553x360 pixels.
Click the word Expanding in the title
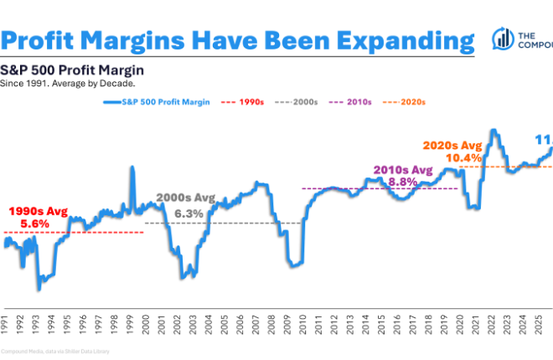[x=386, y=39]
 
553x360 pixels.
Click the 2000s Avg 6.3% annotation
[x=185, y=206]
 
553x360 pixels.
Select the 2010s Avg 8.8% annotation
[x=401, y=175]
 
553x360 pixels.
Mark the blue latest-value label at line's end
[x=543, y=140]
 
